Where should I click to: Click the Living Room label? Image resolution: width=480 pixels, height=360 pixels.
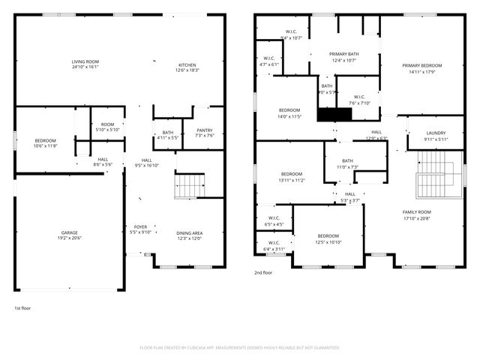[x=85, y=61]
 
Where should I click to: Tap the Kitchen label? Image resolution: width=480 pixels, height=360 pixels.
[x=187, y=64]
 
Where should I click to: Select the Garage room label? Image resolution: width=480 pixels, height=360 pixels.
[x=70, y=232]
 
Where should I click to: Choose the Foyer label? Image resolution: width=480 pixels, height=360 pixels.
[x=141, y=226]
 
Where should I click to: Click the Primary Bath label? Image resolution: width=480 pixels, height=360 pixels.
[x=343, y=55]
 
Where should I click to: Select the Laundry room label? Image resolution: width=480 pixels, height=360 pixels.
[x=436, y=133]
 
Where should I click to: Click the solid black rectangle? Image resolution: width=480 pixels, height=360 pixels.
[x=334, y=114]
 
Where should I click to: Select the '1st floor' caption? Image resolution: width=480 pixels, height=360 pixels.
[x=22, y=308]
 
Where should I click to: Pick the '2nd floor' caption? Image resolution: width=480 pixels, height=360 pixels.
[x=263, y=272]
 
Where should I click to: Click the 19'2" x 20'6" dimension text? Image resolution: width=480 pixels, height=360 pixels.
[x=70, y=238]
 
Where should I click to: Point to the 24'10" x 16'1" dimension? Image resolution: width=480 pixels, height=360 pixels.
[x=85, y=67]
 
